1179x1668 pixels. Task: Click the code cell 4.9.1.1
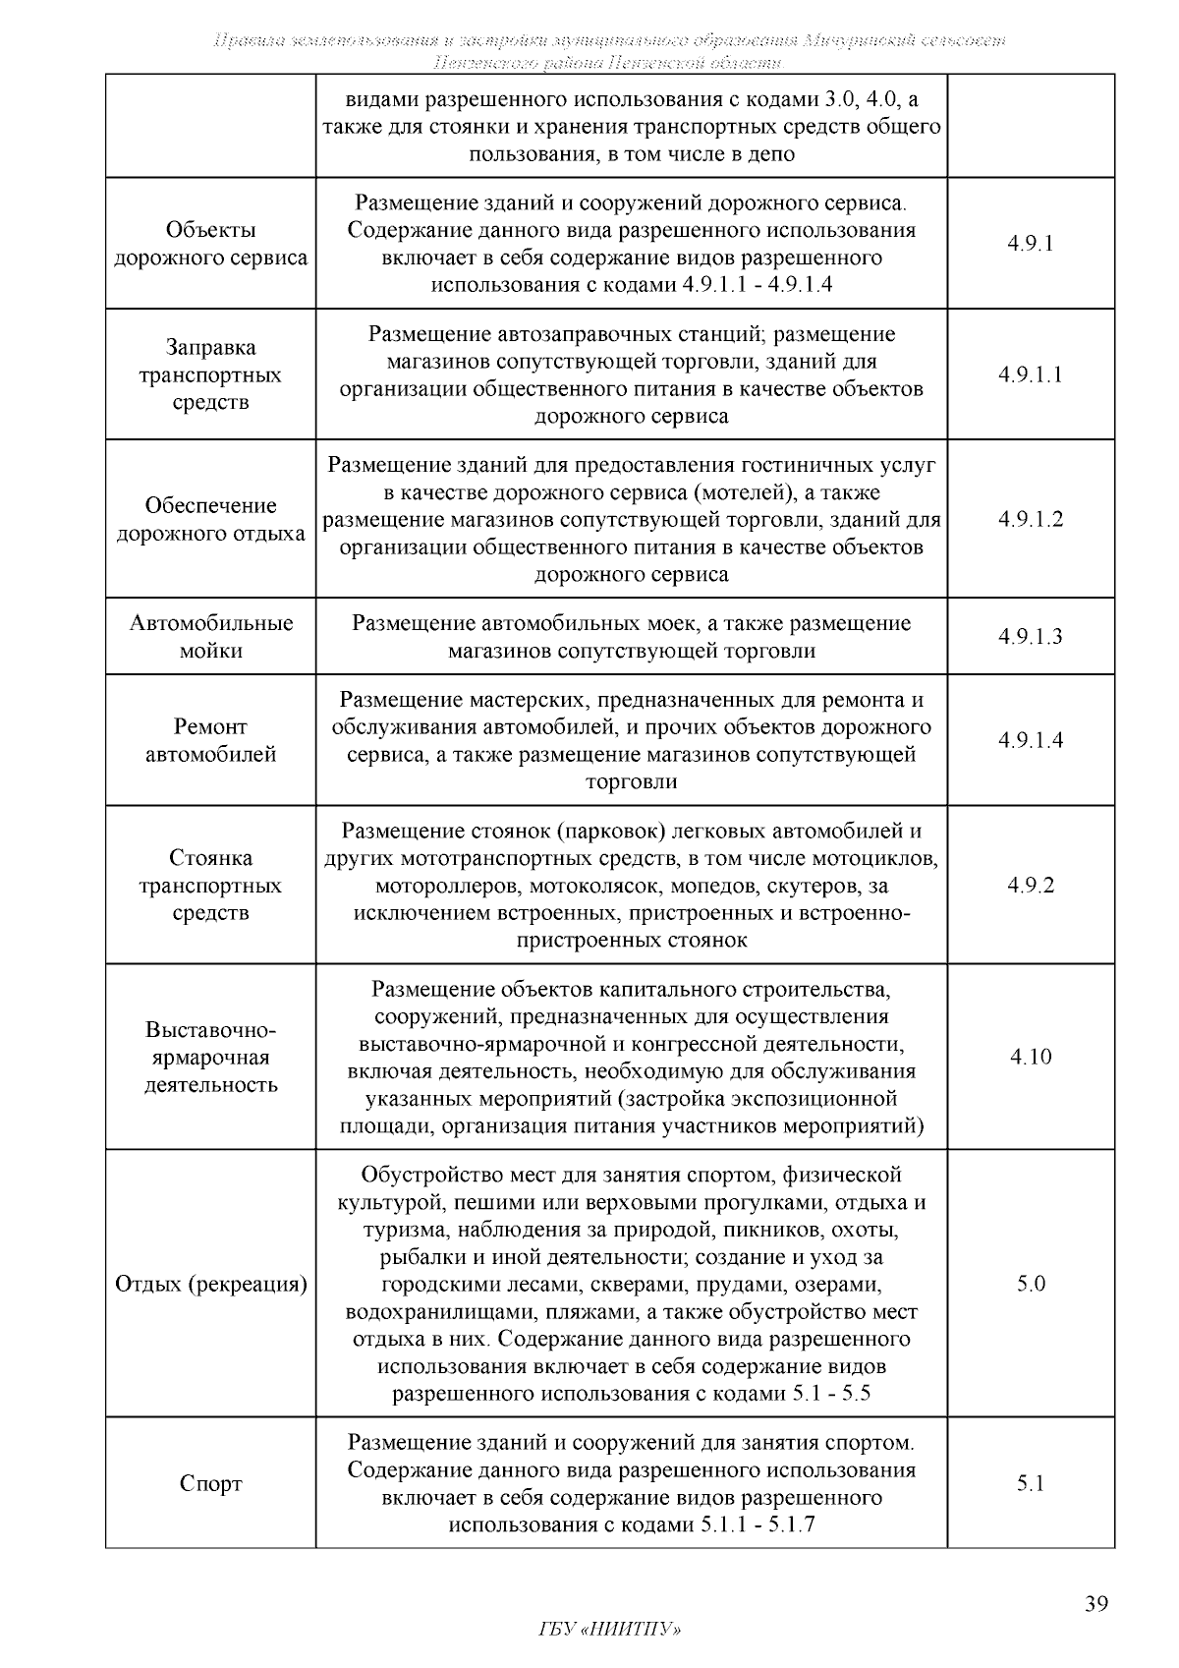pos(1030,374)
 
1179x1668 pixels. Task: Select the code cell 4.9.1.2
pos(1030,519)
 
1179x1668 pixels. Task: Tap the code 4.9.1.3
pos(1030,636)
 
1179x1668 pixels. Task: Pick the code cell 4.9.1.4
pos(1030,740)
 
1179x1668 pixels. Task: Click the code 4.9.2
pos(1030,885)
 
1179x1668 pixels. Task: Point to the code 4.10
pos(1030,1057)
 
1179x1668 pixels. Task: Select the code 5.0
pos(1030,1284)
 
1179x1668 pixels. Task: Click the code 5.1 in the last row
pos(1030,1483)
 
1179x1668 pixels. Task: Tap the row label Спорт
pos(210,1483)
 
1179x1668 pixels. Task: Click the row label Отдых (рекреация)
pos(210,1284)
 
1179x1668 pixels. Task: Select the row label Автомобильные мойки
pos(210,636)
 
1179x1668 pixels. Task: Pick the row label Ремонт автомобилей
pos(210,740)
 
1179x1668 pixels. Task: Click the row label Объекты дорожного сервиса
pos(210,244)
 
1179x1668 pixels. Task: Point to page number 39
pos(1096,1605)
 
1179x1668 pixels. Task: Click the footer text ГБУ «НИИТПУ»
pos(610,1630)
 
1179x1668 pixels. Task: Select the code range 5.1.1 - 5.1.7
pos(758,1524)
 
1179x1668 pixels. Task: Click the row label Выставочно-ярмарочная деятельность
pos(210,1058)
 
